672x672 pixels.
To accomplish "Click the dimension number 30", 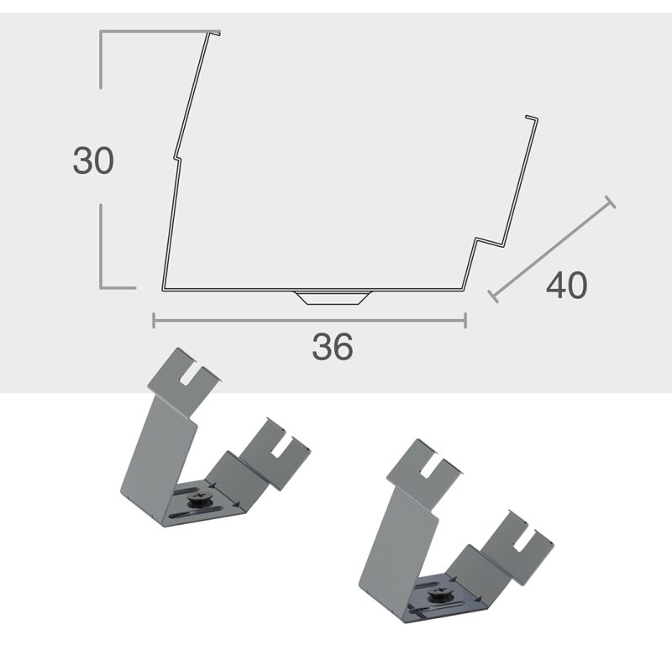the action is pyautogui.click(x=93, y=160).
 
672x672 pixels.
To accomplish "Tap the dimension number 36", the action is pyautogui.click(x=333, y=346).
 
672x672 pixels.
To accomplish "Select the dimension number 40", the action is pyautogui.click(x=566, y=285).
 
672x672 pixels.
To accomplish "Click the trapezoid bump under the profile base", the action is pyautogui.click(x=333, y=297).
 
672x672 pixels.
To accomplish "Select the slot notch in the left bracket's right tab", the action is pyautogui.click(x=280, y=447).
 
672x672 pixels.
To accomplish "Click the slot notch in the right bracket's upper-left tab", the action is pyautogui.click(x=430, y=466).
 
